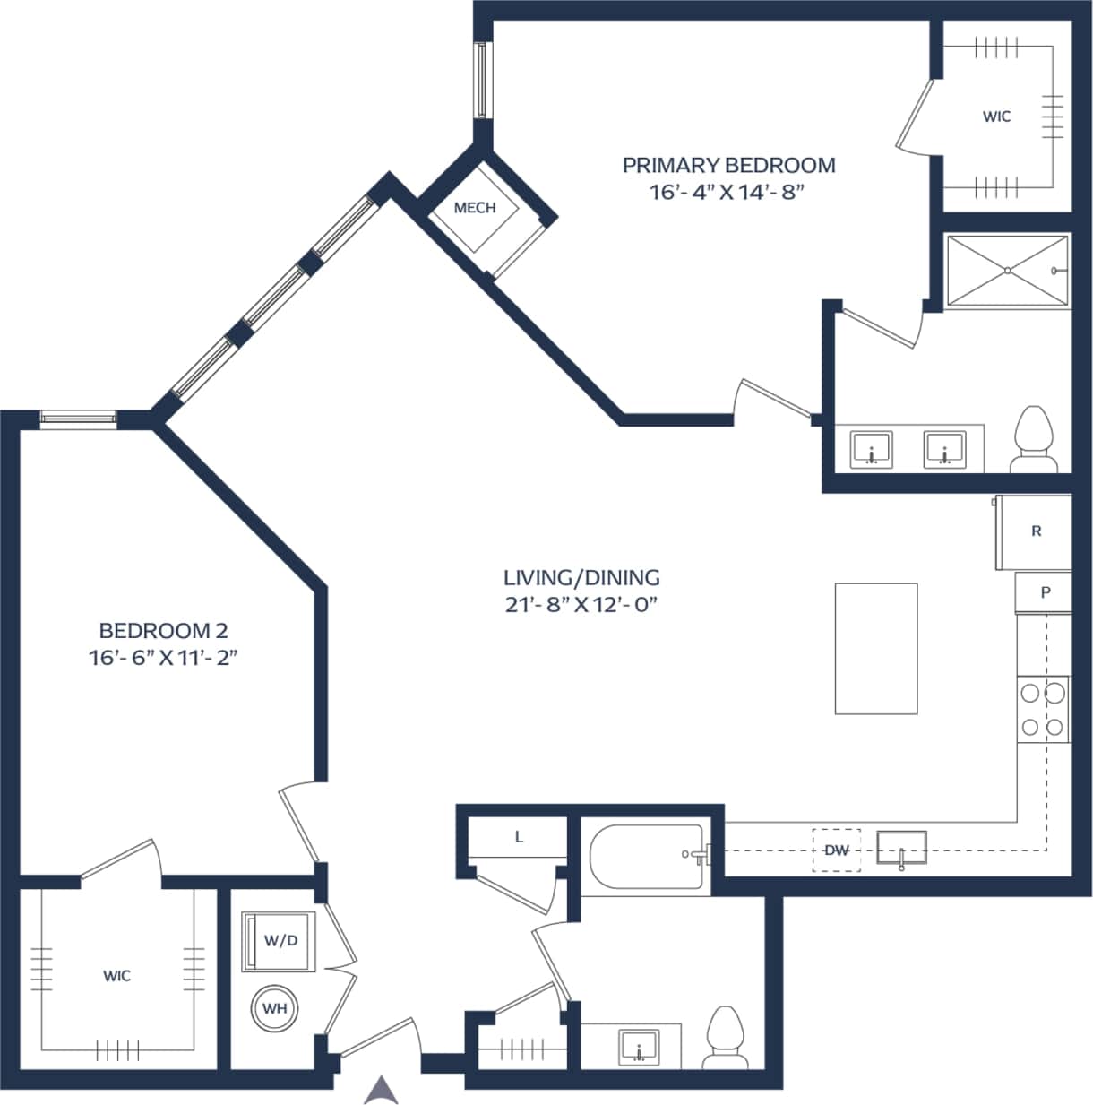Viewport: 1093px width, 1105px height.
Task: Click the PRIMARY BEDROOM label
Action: (728, 165)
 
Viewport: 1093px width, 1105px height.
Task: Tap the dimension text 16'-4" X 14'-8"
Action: (728, 193)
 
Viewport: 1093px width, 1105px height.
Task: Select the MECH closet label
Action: (475, 208)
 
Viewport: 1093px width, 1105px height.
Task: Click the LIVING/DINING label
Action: (581, 577)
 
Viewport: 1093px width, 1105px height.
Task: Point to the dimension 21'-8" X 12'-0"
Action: (581, 605)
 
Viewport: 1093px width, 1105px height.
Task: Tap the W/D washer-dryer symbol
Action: (280, 940)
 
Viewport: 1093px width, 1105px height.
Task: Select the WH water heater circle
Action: (274, 1008)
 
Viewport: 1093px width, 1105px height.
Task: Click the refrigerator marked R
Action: (1035, 531)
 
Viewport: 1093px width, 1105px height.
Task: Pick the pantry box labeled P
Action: (1044, 592)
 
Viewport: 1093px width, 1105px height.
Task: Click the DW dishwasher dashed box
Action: (836, 850)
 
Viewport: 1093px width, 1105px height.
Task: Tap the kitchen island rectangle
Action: (875, 648)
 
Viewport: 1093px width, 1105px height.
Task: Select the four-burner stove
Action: (1043, 709)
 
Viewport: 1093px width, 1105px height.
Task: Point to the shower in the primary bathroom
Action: (1007, 271)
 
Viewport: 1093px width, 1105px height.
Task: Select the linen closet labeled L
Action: (519, 838)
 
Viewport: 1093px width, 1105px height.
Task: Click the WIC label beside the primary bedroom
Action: (996, 117)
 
